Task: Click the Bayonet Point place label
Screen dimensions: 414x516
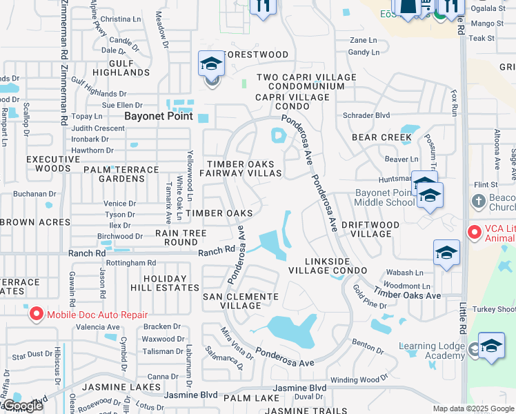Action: point(158,117)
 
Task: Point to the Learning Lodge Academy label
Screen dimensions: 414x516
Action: point(432,351)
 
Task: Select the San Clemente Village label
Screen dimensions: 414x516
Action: point(240,301)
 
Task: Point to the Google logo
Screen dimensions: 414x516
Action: point(22,406)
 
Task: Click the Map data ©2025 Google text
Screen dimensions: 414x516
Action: point(473,408)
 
